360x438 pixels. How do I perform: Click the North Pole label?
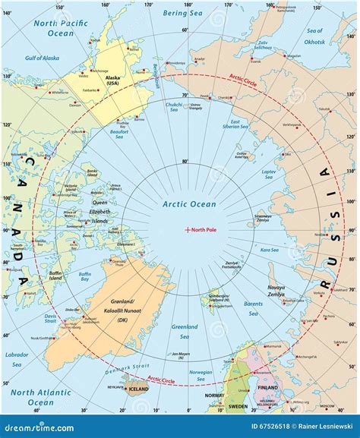[x=204, y=230]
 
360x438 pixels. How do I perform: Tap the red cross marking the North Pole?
[x=187, y=230]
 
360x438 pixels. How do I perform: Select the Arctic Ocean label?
[x=189, y=204]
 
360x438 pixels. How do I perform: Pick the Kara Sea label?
[x=267, y=249]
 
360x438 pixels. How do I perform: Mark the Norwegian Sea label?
[x=201, y=373]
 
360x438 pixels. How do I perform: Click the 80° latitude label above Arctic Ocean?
[x=185, y=162]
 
